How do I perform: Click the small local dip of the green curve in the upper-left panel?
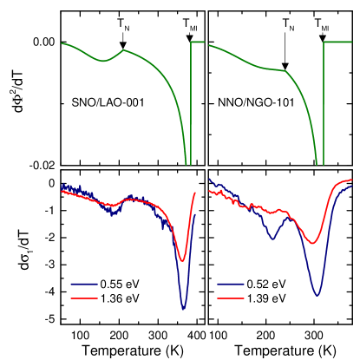(104, 61)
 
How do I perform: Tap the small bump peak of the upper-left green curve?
(124, 50)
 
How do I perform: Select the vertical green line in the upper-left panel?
(191, 102)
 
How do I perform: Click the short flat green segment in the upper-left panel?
(198, 42)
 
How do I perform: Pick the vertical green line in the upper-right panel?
(324, 102)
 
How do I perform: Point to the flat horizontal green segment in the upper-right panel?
(337, 42)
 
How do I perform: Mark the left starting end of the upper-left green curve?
(62, 43)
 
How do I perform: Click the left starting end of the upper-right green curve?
(209, 45)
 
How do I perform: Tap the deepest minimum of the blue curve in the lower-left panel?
(183, 307)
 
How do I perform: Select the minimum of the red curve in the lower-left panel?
(182, 259)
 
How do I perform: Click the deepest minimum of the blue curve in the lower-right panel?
(317, 295)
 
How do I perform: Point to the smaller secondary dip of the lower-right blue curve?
(272, 239)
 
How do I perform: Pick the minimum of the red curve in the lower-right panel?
(314, 243)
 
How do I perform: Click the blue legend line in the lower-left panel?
(84, 284)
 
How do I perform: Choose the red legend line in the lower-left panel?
(84, 298)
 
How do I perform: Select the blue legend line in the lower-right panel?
(231, 284)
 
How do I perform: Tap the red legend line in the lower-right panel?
(231, 298)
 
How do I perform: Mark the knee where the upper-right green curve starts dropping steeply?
(285, 71)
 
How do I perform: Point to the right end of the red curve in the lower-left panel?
(195, 193)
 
